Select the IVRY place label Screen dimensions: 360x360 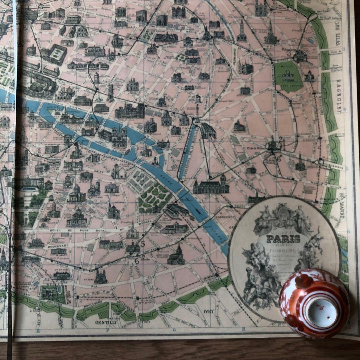(208, 311)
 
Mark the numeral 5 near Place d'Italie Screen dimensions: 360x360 (143, 244)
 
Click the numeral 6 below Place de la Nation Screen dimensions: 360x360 (279, 159)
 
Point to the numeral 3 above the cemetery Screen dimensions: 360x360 (289, 52)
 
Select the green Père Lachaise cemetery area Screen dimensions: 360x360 (288, 76)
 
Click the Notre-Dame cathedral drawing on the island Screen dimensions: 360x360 (119, 137)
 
